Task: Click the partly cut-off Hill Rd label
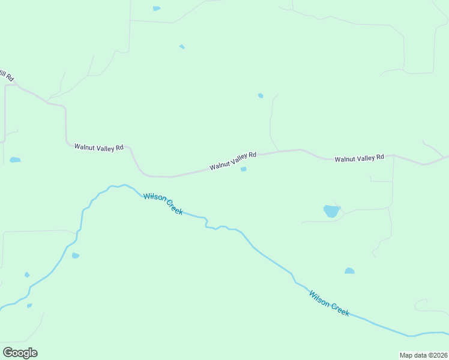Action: click(7, 76)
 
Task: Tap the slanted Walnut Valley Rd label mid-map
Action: click(233, 161)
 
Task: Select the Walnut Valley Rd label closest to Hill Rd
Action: click(98, 146)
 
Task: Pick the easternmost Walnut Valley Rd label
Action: click(359, 158)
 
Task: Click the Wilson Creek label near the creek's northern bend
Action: click(163, 204)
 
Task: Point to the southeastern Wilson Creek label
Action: click(329, 303)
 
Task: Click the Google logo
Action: click(20, 353)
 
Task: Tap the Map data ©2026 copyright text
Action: click(423, 355)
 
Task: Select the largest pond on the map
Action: click(331, 211)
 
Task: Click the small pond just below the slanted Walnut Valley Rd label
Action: click(243, 169)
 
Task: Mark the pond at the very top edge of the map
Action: click(157, 8)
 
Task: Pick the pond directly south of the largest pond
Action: click(349, 271)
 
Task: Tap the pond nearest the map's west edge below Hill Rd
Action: click(15, 160)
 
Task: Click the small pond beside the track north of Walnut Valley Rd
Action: click(261, 95)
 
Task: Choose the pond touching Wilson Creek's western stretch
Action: click(75, 256)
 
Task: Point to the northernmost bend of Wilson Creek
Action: click(124, 185)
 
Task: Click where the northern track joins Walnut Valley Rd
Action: click(278, 151)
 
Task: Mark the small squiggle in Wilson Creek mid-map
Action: click(207, 223)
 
